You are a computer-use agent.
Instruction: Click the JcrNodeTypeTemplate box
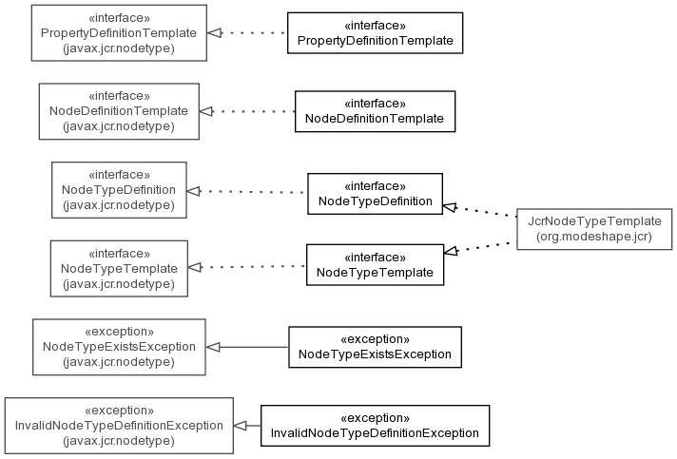click(594, 229)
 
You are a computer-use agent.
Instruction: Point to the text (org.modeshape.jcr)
click(594, 237)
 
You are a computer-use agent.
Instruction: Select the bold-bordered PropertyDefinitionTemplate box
click(376, 32)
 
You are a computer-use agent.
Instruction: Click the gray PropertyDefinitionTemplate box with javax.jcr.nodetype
click(119, 32)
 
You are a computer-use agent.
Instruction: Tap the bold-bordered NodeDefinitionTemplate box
click(376, 111)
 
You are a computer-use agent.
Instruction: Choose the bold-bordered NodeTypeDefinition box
click(376, 194)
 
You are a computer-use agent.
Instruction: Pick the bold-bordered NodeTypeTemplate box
click(376, 265)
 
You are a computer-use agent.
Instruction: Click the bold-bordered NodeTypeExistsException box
click(376, 347)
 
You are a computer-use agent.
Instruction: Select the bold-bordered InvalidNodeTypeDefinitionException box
click(376, 426)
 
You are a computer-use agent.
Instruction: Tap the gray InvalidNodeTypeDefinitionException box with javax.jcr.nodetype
click(119, 426)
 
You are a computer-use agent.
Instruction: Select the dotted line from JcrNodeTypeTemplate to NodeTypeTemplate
click(480, 247)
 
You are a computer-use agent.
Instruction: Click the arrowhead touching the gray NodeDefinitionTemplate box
click(206, 111)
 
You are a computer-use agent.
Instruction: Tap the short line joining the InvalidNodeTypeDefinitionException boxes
click(247, 426)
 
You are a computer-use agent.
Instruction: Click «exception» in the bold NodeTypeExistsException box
click(376, 339)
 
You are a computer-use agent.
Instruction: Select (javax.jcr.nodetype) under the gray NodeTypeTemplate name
click(119, 284)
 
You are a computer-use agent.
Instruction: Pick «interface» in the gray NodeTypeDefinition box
click(119, 175)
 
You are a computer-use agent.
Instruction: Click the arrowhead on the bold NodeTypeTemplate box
click(452, 251)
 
